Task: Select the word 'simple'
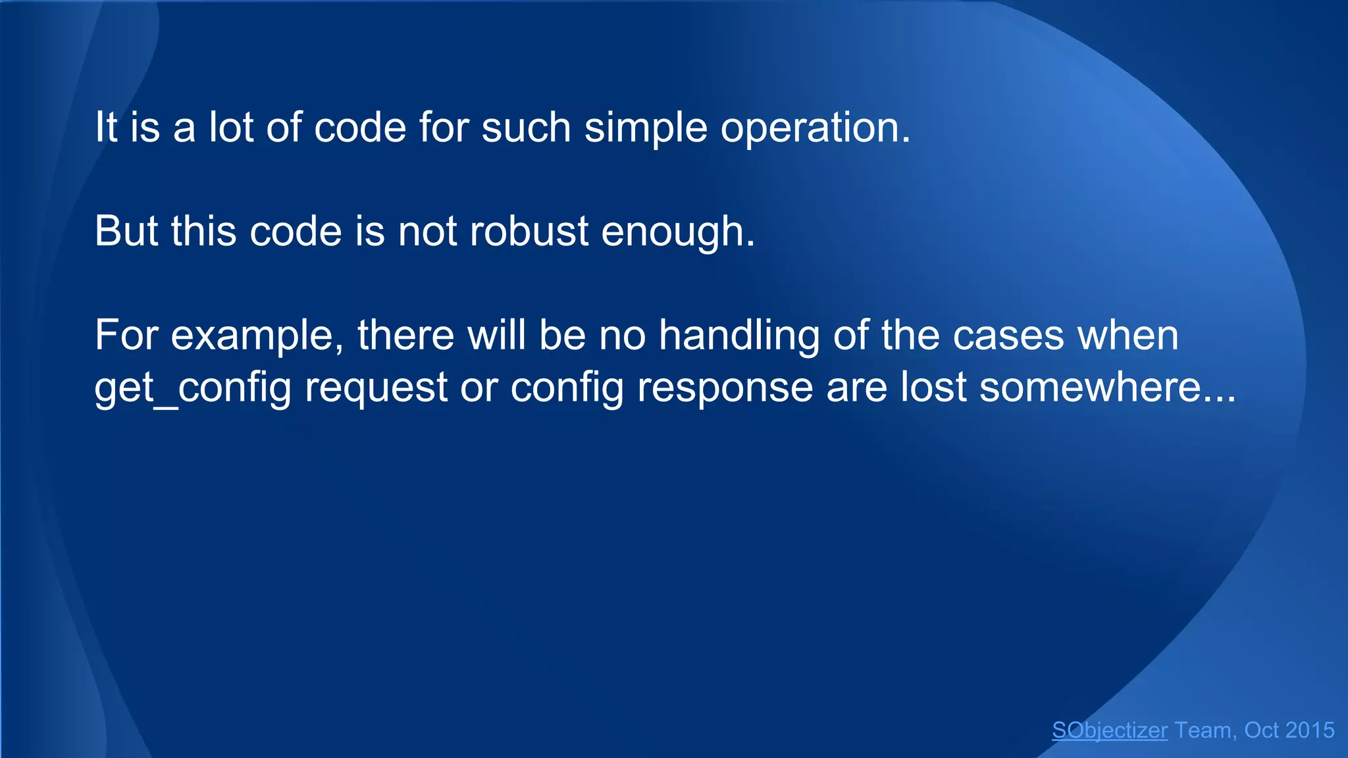(645, 128)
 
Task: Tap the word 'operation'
(810, 128)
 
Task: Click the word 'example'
(257, 336)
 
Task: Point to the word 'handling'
(739, 336)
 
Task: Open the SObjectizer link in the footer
(1109, 730)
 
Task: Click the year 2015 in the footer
(1309, 730)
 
